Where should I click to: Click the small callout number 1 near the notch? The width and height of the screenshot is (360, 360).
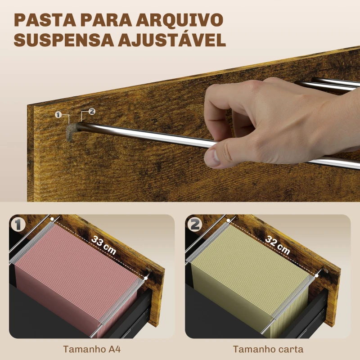point(58,115)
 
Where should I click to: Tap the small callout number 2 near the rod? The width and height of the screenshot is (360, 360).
point(92,111)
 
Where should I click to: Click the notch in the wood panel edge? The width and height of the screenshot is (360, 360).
point(71,132)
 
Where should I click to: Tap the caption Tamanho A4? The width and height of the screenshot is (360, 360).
point(92,349)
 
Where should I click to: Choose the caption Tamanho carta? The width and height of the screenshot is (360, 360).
point(268,349)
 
